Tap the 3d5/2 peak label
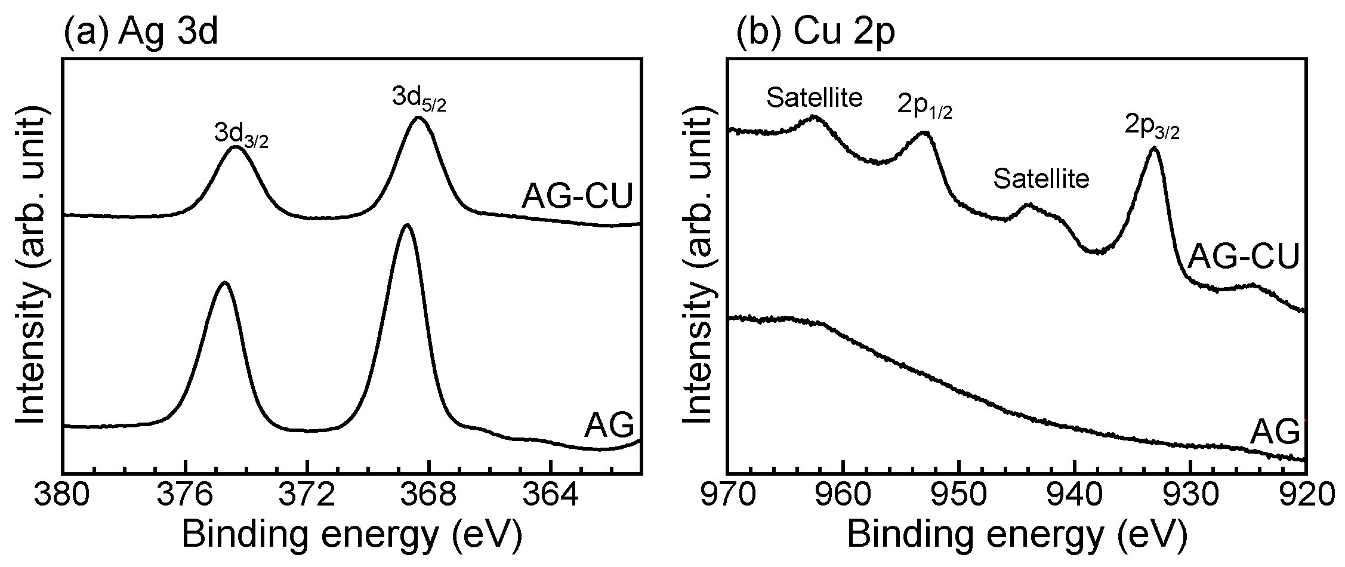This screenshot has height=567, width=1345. click(x=419, y=99)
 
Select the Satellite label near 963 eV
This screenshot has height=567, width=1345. click(x=815, y=97)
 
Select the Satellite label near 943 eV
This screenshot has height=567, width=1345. click(x=1041, y=178)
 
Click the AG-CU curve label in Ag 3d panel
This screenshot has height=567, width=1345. click(x=576, y=196)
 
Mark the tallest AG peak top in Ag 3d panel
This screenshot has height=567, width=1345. click(x=407, y=226)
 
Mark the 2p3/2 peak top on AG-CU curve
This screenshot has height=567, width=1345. click(x=1154, y=149)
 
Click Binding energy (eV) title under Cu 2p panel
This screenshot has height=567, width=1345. click(x=1016, y=535)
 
